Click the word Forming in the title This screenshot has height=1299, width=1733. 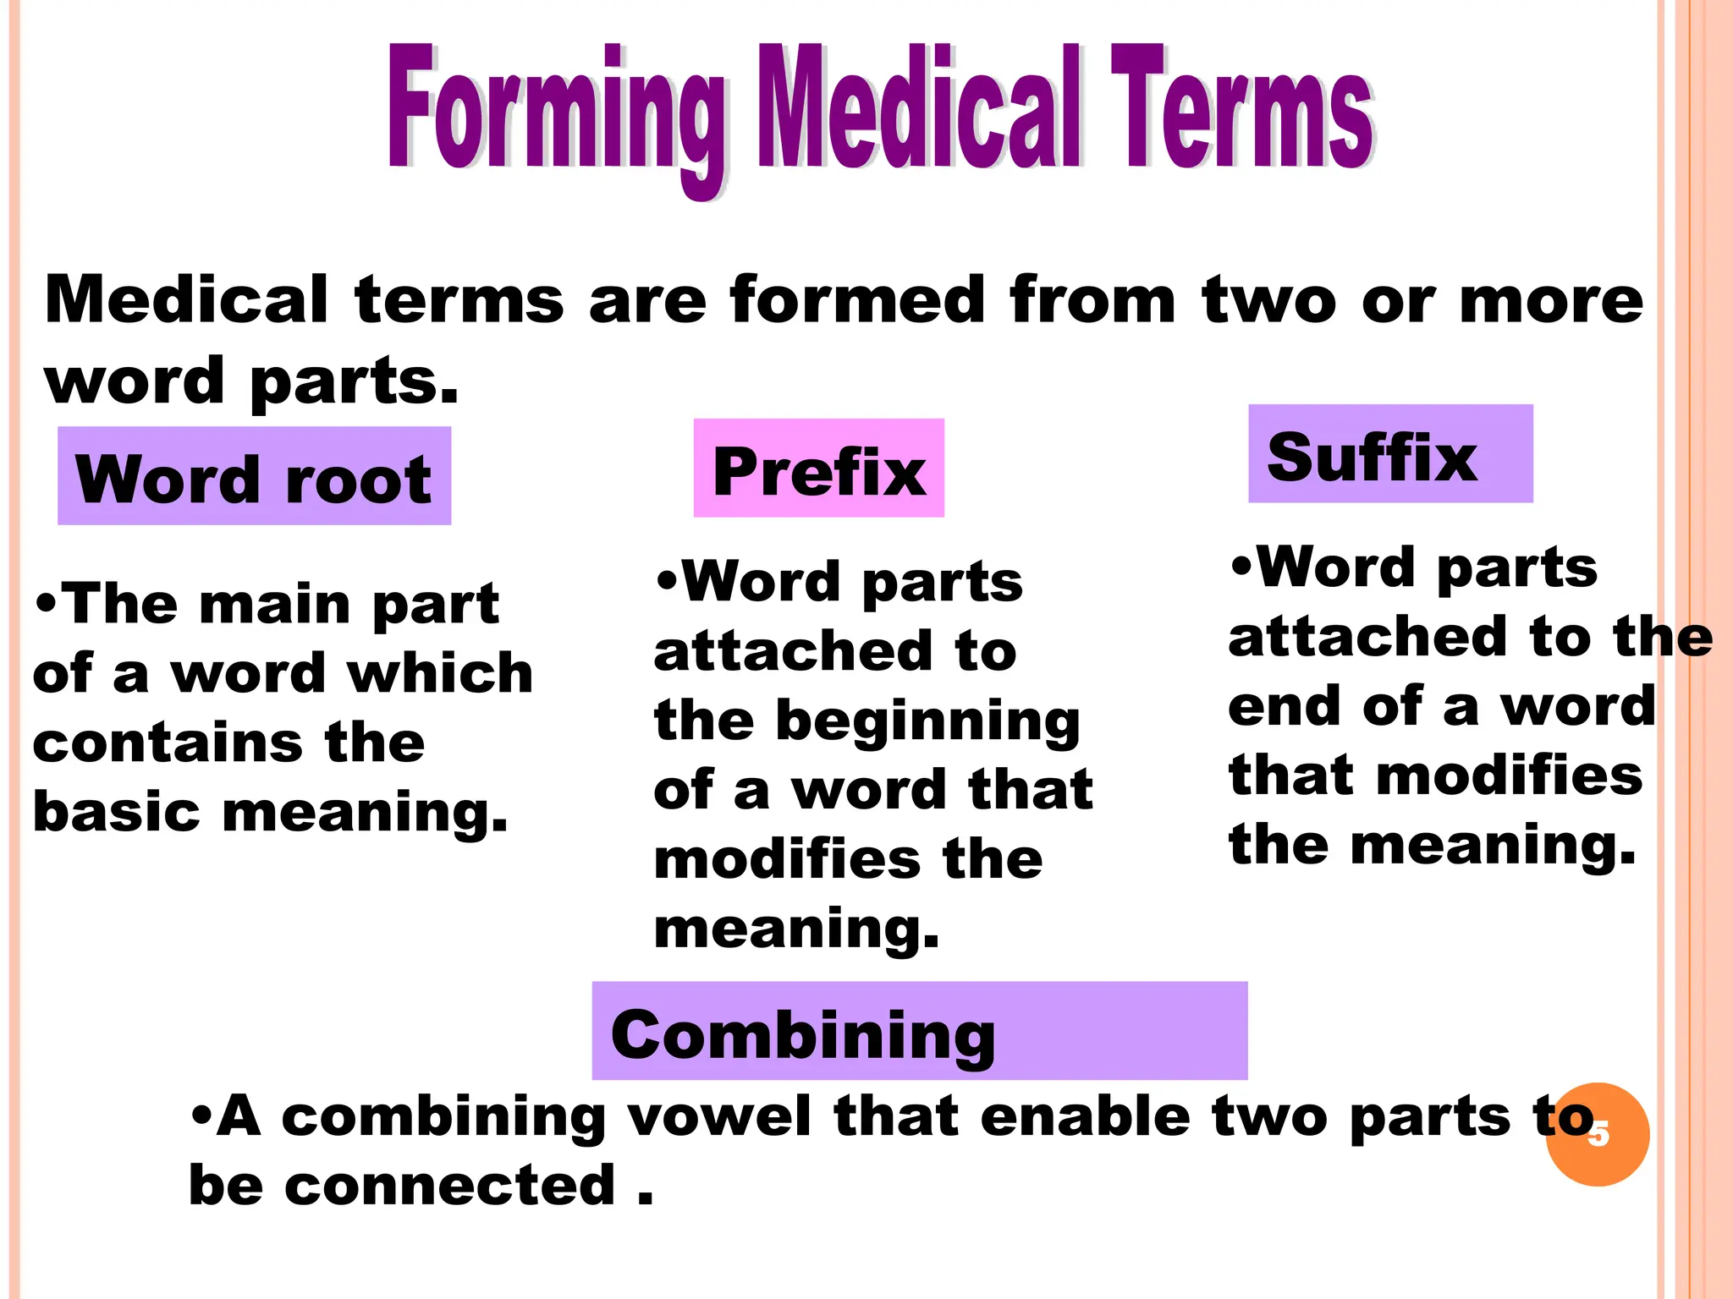tap(554, 110)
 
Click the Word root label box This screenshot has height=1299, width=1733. tap(254, 476)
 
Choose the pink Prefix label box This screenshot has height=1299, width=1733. tap(818, 469)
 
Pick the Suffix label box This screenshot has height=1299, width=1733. tap(1389, 454)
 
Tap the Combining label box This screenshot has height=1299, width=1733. tap(919, 1031)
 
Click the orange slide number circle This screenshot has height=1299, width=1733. tap(1598, 1135)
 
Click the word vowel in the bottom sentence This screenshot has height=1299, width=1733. tap(718, 1116)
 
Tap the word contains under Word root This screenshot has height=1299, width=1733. tap(167, 743)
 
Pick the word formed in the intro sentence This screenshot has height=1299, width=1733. tap(856, 300)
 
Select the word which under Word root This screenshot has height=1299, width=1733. tap(440, 673)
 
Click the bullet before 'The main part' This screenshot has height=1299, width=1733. tap(47, 606)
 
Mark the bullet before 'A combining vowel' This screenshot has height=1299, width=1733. tap(201, 1116)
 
